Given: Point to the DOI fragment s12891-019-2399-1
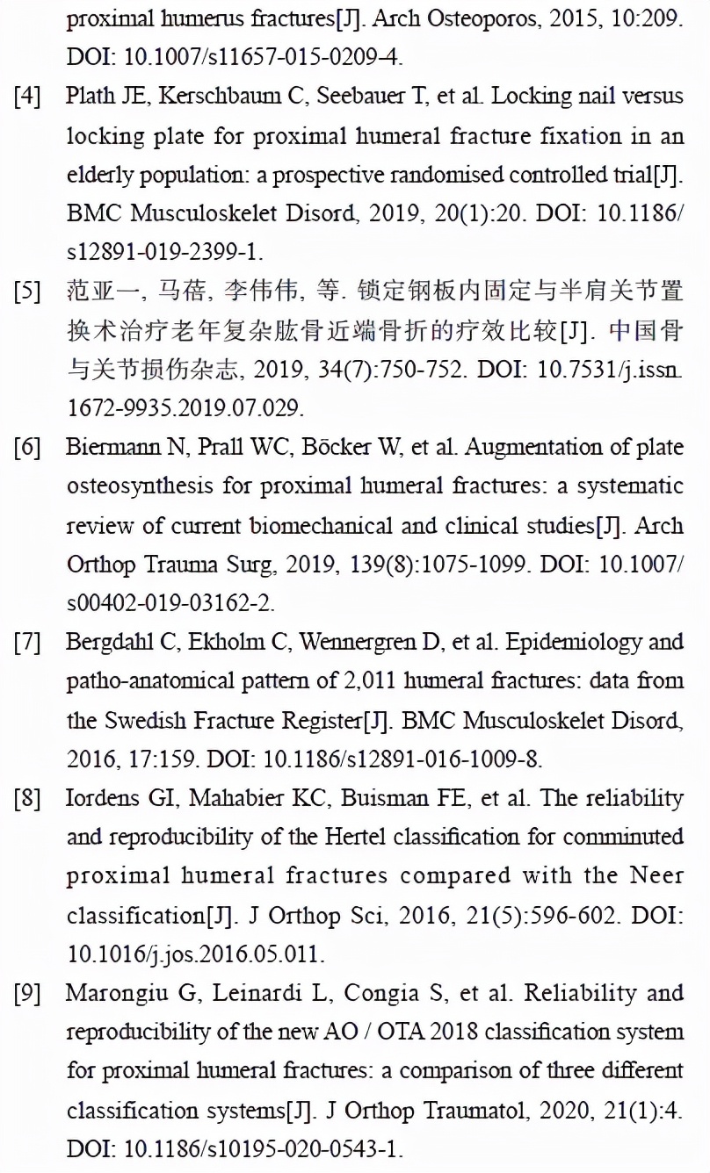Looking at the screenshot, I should (x=164, y=253).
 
